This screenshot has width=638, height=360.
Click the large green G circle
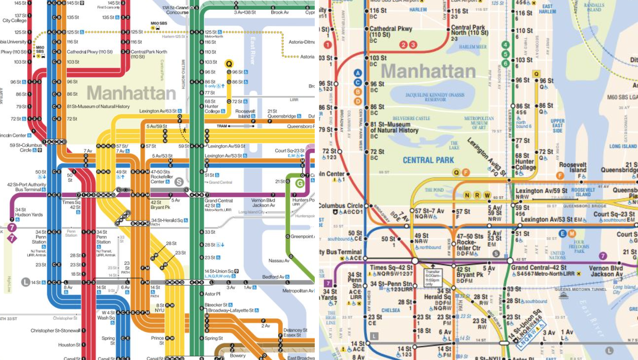[x=300, y=183]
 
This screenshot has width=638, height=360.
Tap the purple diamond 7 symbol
[x=12, y=238]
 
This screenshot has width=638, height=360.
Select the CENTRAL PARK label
[x=428, y=160]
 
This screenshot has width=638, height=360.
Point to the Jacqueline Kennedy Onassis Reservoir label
[x=435, y=97]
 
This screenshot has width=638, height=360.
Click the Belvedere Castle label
[x=411, y=118]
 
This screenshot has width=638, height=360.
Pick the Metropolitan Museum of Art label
[x=479, y=123]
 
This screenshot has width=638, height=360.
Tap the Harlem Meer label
[x=473, y=47]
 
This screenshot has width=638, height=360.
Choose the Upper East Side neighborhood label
[x=557, y=126]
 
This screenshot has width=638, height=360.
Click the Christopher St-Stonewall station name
[x=55, y=331]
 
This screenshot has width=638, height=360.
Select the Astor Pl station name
[x=213, y=294]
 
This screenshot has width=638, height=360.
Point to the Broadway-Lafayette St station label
[x=231, y=310]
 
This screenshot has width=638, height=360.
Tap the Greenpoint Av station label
[x=302, y=236]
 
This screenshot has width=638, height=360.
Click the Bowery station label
[x=238, y=355]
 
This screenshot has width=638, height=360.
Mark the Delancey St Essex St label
[x=295, y=332]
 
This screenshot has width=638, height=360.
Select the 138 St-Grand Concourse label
[x=175, y=10]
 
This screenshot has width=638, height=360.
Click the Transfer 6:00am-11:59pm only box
[x=433, y=277]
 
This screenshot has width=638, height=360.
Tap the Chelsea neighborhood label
[x=390, y=310]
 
